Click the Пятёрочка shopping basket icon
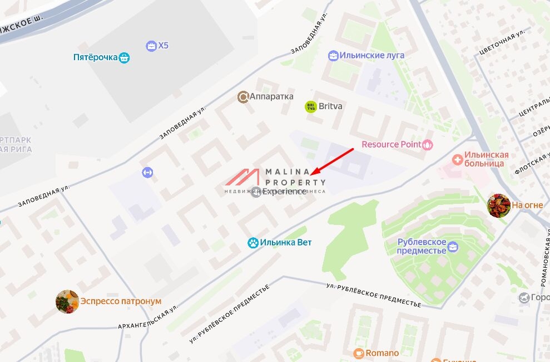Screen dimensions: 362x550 click(124, 57)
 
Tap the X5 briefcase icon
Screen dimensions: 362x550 click(151, 46)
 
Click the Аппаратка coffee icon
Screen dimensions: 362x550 click(243, 97)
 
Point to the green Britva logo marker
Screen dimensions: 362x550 click(311, 106)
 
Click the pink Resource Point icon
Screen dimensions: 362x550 click(428, 145)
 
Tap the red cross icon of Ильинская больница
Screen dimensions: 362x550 click(458, 159)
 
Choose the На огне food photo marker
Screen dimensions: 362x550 click(498, 206)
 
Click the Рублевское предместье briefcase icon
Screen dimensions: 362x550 click(454, 246)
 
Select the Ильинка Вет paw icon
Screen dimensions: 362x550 click(253, 243)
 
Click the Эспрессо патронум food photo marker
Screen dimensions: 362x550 click(67, 301)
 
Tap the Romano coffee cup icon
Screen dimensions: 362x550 click(359, 353)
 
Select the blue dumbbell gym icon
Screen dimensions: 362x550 click(147, 172)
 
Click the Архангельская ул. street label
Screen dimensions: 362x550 click(147, 316)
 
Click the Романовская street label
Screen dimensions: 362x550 click(546, 262)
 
